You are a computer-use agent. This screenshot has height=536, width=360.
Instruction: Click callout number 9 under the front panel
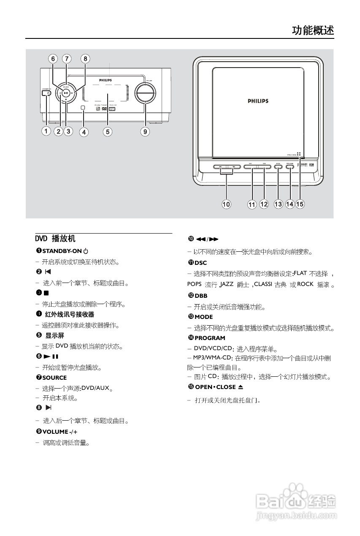[x=145, y=132]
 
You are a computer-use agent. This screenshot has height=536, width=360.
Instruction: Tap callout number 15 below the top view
[x=300, y=204]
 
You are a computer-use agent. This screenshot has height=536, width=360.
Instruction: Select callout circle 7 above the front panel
[x=67, y=59]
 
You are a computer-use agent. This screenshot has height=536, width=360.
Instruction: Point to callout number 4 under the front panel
[x=84, y=132]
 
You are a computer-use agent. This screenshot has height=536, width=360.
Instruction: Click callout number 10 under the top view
[x=227, y=204]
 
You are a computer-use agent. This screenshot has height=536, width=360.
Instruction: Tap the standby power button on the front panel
[x=49, y=93]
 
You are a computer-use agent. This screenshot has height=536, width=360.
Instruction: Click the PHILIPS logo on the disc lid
[x=257, y=101]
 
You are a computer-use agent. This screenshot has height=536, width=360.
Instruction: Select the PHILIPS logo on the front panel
[x=106, y=79]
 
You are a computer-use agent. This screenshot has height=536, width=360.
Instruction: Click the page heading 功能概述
[x=313, y=30]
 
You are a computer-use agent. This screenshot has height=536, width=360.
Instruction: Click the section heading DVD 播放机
[x=55, y=239]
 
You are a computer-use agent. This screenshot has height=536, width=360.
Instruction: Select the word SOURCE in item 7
[x=54, y=378]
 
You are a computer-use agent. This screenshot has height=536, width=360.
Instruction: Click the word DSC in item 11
[x=201, y=275]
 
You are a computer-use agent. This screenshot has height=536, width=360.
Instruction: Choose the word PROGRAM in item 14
[x=210, y=338]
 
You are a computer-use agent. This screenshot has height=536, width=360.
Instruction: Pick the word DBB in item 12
[x=201, y=296]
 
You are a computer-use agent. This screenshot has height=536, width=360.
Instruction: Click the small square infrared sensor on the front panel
[x=83, y=108]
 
